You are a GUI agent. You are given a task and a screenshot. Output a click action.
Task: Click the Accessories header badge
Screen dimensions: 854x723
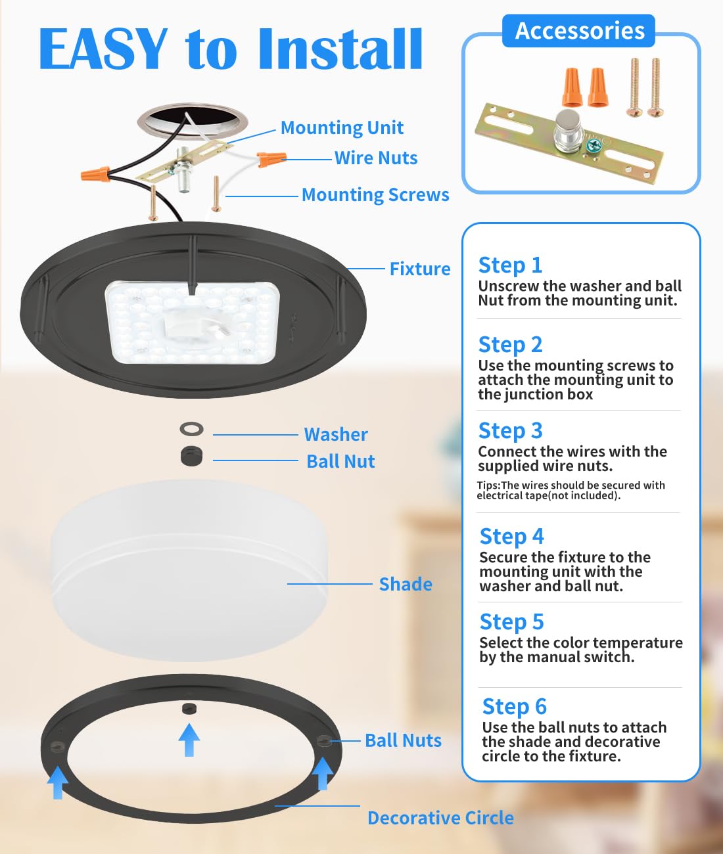579,31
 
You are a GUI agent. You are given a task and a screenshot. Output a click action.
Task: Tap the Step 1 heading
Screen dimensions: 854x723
511,265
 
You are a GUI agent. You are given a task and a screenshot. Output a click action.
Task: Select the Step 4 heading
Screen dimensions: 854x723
511,537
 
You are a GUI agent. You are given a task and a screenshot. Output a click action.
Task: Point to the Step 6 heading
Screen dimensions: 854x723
514,707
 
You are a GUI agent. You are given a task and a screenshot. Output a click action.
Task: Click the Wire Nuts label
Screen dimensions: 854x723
375,158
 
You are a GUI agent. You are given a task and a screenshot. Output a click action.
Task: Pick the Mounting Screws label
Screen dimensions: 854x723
375,195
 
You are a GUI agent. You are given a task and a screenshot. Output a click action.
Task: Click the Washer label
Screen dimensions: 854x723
335,435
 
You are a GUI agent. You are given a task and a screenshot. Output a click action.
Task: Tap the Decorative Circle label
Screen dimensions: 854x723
440,819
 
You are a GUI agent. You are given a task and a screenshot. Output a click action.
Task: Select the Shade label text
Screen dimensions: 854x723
406,585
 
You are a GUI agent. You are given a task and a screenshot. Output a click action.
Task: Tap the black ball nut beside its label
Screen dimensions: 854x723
191,456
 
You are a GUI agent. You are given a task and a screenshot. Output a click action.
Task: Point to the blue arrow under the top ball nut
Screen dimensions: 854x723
189,740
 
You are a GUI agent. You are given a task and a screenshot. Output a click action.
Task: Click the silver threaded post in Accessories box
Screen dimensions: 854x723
564,127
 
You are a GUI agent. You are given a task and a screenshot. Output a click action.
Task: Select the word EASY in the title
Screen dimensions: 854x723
103,49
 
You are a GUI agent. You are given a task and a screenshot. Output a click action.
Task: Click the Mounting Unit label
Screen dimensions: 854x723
342,128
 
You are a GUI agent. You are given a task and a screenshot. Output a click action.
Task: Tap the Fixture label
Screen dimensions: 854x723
420,269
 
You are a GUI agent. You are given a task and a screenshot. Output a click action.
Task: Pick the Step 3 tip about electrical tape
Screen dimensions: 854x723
571,491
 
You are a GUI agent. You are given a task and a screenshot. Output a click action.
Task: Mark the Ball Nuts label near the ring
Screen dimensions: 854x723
403,741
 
